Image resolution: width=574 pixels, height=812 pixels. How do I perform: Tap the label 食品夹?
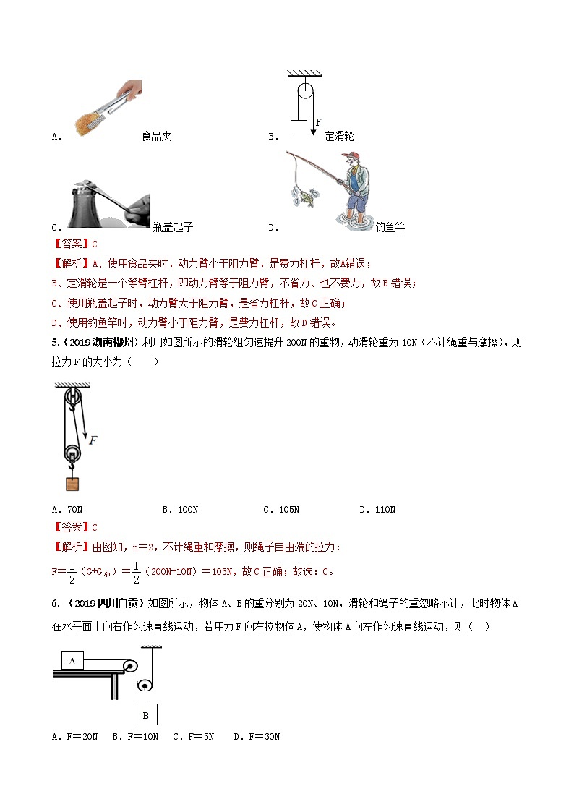click(x=156, y=136)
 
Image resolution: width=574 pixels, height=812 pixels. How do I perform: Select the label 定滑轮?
click(x=339, y=136)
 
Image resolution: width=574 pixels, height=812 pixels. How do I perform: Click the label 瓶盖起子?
click(x=174, y=227)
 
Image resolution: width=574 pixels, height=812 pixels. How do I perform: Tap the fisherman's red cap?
click(x=352, y=157)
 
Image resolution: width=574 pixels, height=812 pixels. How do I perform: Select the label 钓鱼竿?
click(x=390, y=227)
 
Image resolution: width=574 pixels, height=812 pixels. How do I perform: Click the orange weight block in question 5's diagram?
click(x=72, y=484)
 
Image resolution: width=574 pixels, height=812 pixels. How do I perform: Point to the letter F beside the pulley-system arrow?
click(x=93, y=439)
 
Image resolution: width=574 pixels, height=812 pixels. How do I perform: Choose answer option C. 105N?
click(x=281, y=510)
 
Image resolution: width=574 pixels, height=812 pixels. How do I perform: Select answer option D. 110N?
click(x=377, y=510)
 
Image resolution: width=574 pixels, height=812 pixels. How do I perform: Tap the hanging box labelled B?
click(x=145, y=714)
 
